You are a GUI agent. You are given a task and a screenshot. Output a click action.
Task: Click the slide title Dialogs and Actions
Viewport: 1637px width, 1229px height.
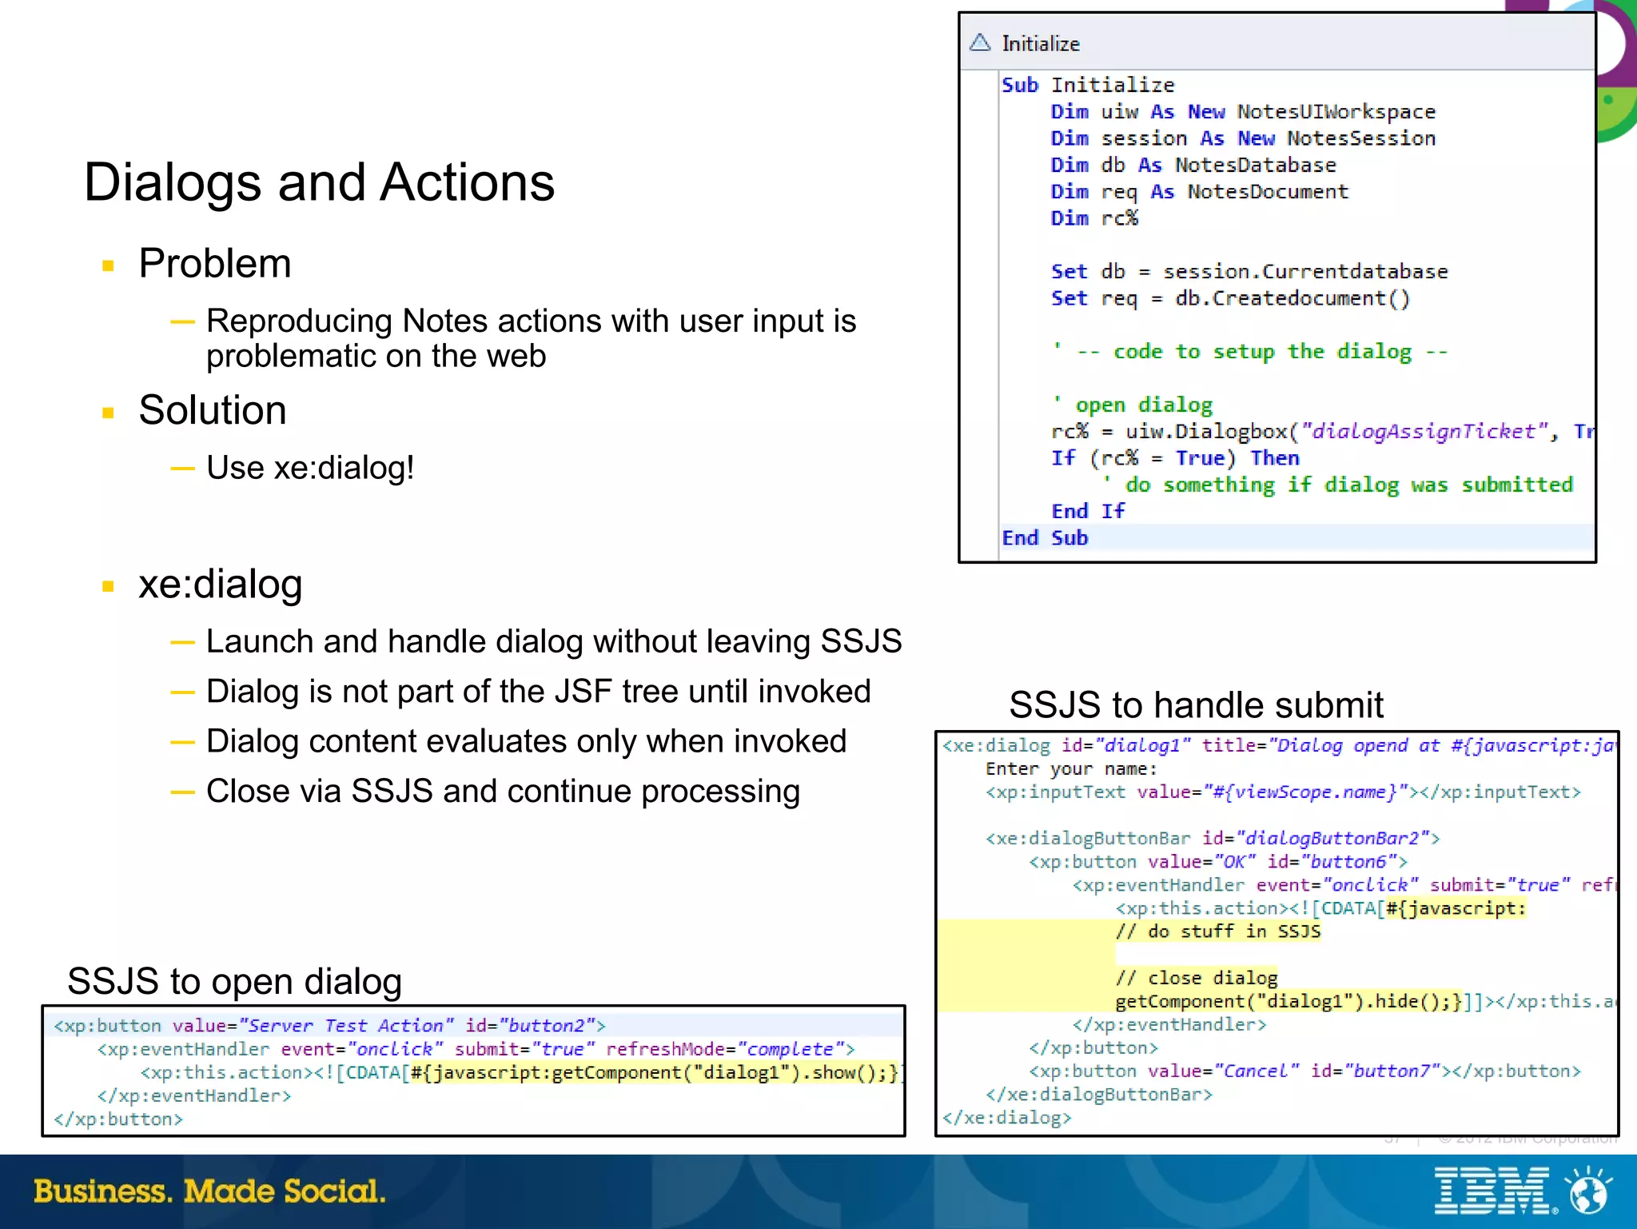319,182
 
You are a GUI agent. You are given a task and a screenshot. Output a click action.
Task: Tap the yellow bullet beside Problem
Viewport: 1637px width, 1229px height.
109,265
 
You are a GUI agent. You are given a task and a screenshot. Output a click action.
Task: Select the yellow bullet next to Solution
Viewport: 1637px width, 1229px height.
109,413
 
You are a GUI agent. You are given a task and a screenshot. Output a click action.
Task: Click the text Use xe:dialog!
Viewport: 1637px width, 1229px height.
310,468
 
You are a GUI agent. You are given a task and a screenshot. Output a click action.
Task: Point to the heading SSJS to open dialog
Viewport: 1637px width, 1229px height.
234,981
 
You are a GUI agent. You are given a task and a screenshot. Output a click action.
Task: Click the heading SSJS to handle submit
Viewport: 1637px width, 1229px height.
1196,705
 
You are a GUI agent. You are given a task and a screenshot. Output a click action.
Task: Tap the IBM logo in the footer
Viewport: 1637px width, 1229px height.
1493,1191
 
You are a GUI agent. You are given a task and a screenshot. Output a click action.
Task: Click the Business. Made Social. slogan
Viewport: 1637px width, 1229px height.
209,1191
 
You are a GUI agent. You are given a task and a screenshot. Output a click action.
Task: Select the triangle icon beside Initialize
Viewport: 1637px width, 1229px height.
980,42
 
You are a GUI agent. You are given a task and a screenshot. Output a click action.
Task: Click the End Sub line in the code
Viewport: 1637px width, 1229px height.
1045,538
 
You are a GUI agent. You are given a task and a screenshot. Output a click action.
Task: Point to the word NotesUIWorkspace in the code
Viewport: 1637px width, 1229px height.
1336,112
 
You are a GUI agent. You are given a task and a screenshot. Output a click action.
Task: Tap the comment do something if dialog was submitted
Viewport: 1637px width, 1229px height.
1348,485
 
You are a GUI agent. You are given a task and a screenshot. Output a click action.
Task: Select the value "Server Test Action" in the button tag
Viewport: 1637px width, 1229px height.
347,1026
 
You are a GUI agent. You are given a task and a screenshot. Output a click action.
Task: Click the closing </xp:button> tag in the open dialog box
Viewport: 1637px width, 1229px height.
118,1119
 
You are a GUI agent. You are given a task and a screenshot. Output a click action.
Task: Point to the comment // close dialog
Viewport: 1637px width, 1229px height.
1197,978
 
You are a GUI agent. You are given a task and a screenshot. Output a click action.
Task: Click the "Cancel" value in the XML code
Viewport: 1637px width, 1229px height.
1257,1071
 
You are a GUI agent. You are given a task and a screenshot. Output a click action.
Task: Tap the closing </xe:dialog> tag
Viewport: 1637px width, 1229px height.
1007,1117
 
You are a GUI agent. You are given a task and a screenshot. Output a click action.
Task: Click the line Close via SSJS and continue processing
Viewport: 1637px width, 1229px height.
503,792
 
